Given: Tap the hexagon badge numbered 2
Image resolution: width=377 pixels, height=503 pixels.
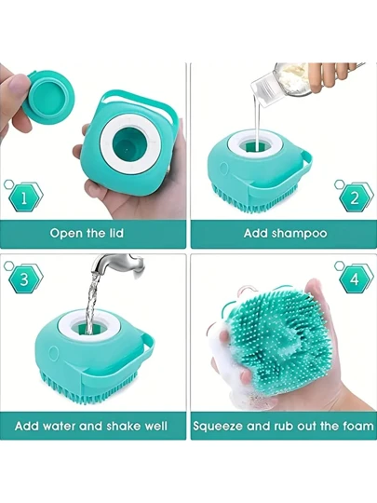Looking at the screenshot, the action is click(356, 198).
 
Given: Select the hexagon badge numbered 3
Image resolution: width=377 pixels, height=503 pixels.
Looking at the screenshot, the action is click(25, 279).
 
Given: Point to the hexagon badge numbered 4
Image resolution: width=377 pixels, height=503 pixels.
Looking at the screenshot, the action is click(356, 279).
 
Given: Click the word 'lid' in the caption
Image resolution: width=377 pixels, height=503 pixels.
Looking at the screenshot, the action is click(115, 233).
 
